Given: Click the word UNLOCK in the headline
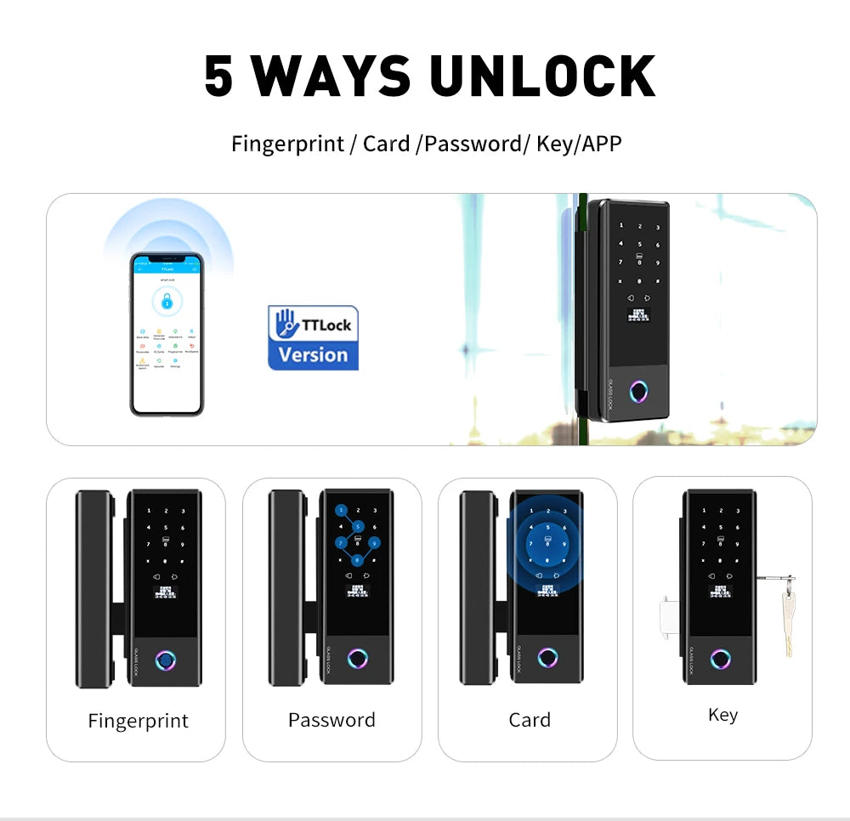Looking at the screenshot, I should coord(542,76).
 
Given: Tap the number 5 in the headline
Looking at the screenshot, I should coord(218,76).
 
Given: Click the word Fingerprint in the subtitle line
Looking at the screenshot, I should coord(287,144).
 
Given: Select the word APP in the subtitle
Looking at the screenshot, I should coord(602,144).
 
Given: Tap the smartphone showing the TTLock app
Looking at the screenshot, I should coord(167,334).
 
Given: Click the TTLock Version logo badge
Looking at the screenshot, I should coord(313,337).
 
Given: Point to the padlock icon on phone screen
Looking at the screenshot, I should coord(167,300).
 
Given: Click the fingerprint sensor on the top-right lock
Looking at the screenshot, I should coord(638,392).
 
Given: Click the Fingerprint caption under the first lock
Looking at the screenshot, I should coord(138,721).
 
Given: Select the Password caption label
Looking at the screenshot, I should coord(331,720).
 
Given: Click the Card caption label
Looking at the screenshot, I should coord(530,720).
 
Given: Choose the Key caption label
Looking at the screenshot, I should coord(722,715).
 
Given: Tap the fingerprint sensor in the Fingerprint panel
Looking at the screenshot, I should coord(164,659).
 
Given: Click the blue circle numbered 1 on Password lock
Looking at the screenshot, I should coord(341,511).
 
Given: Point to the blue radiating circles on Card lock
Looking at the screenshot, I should coord(547,543).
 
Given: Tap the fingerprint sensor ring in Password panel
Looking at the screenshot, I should coord(359,659).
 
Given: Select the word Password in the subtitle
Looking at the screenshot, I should coord(472,144).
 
